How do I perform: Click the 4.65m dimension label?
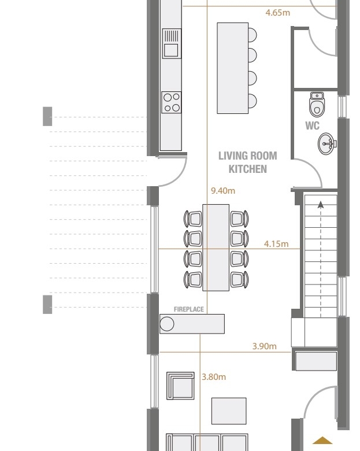click(277, 13)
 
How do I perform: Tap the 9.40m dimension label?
click(223, 191)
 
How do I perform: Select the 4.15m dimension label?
click(276, 244)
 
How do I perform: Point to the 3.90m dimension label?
click(265, 346)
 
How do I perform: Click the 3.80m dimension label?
click(214, 377)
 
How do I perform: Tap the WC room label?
click(312, 125)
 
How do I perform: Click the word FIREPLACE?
click(188, 309)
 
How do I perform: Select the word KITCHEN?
click(247, 169)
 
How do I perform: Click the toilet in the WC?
click(317, 105)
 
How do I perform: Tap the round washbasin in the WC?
click(327, 143)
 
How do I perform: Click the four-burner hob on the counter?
click(172, 102)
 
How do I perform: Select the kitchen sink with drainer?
click(172, 43)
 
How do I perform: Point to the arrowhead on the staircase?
click(321, 205)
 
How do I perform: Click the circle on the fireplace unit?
click(167, 324)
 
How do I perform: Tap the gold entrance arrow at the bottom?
click(322, 441)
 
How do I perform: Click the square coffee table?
click(229, 411)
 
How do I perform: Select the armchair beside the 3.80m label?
click(180, 386)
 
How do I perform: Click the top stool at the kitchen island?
click(252, 35)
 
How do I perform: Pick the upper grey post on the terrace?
click(47, 116)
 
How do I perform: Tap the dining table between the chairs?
click(216, 247)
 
